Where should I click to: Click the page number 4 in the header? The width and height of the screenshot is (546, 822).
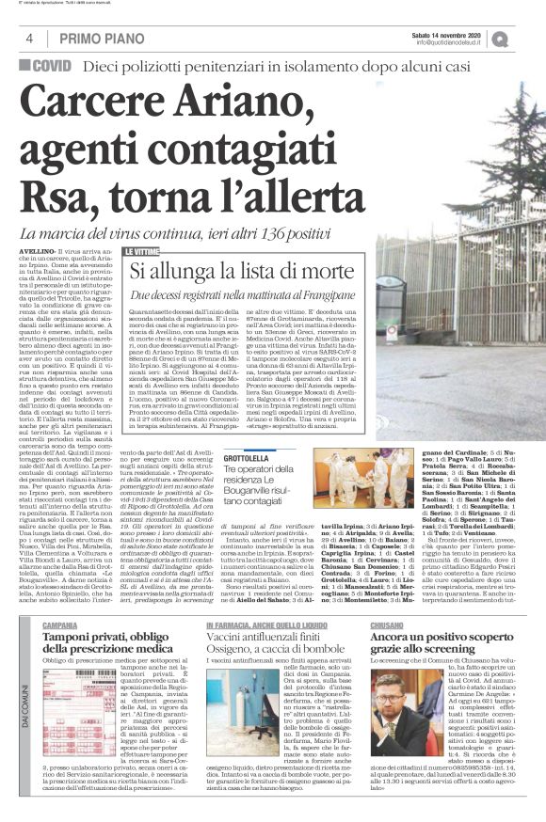click(x=30, y=39)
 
